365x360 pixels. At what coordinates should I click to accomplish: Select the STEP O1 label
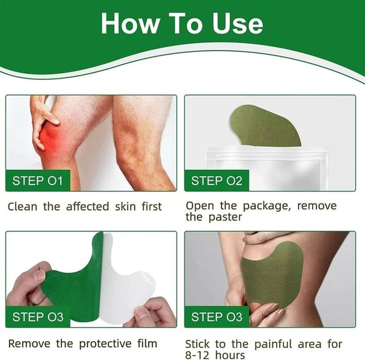pos(37,180)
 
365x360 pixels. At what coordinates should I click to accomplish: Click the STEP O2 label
pos(217,180)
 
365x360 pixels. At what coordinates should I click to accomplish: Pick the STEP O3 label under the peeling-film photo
pos(37,317)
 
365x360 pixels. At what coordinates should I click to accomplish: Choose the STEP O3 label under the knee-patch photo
pos(217,317)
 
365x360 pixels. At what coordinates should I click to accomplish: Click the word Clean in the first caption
pos(23,206)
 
